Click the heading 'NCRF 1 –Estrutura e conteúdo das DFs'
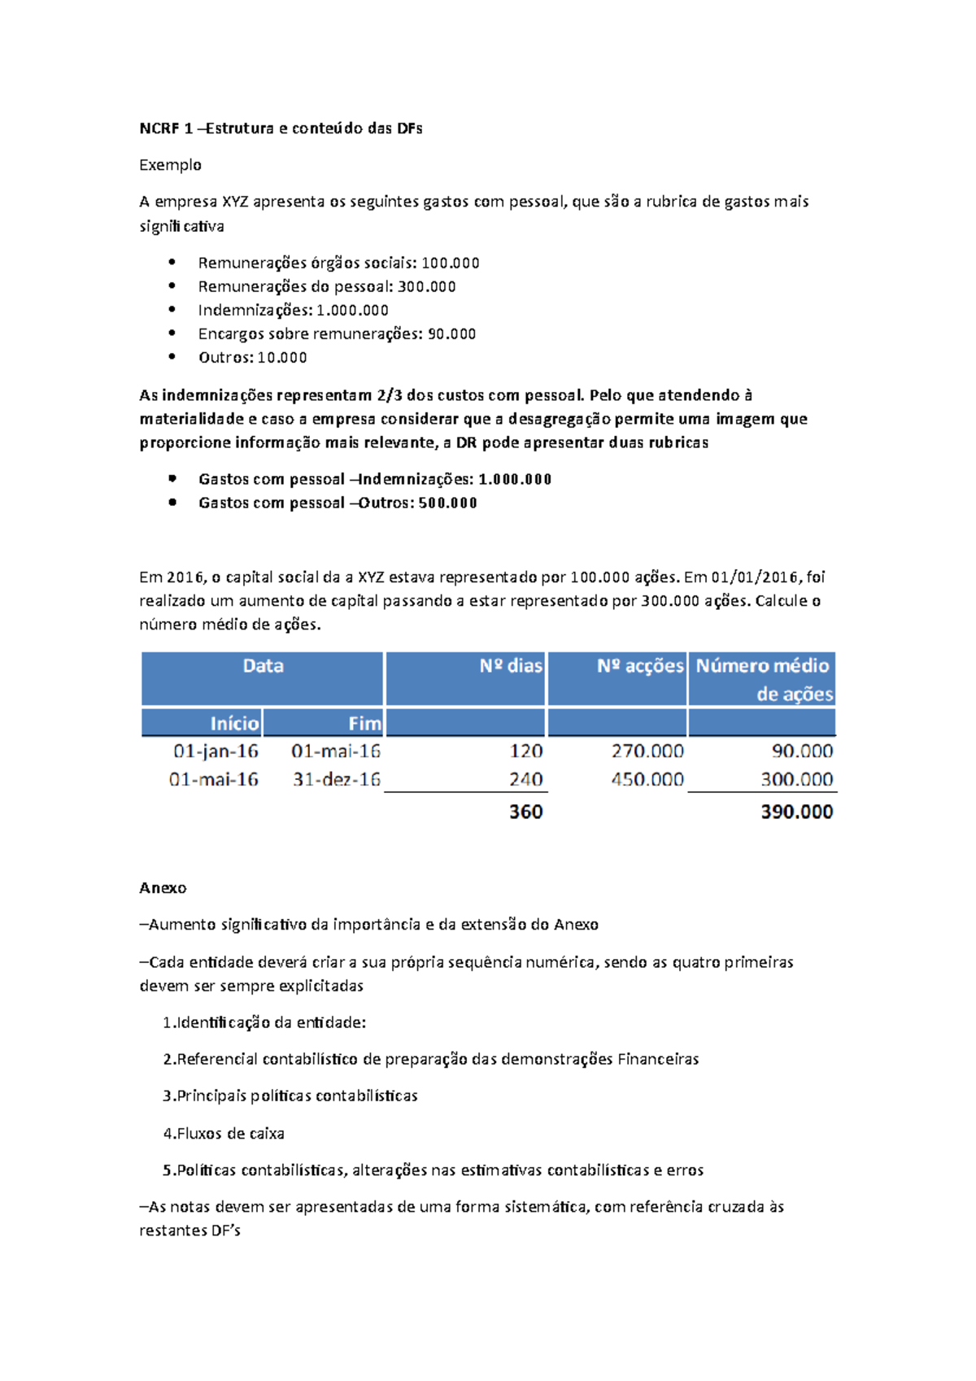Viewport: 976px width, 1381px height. pos(281,129)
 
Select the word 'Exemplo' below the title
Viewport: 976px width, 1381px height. pos(170,165)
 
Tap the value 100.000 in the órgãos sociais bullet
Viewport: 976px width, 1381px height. pos(450,263)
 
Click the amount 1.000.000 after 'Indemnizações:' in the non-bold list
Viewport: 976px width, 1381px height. pos(352,310)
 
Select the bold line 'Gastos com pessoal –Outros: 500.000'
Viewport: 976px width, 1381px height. pos(338,503)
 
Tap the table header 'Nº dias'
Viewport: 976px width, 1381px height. pos(510,666)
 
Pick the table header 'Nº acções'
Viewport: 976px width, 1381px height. pos(639,666)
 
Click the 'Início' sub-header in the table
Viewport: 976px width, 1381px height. pos(234,723)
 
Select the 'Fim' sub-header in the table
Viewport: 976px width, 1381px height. pos(364,723)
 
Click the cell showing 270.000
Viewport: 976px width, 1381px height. pos(647,751)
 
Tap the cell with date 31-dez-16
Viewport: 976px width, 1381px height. pos(336,779)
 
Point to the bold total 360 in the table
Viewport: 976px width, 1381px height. pos(525,811)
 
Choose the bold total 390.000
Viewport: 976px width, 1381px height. pos(796,811)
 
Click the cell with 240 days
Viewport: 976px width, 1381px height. pos(525,779)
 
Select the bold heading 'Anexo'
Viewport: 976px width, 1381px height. pos(163,888)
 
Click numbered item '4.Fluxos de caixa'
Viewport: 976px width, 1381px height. pos(224,1133)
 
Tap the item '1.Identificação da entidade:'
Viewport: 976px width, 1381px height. pos(264,1022)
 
